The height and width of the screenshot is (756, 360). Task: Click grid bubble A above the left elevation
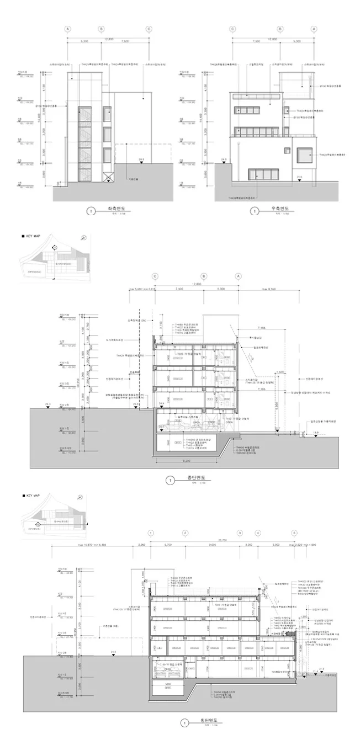coord(68,29)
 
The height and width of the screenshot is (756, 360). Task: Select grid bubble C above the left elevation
coord(149,29)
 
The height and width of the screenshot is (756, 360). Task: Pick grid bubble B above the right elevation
coord(280,29)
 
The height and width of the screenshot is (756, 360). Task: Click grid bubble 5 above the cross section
coord(294,533)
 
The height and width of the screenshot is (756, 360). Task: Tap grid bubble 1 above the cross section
coord(150,533)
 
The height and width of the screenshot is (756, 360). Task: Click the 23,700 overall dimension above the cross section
coord(223,540)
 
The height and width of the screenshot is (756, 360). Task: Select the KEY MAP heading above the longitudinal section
coord(33,236)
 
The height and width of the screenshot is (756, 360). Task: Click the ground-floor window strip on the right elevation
coord(265,174)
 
